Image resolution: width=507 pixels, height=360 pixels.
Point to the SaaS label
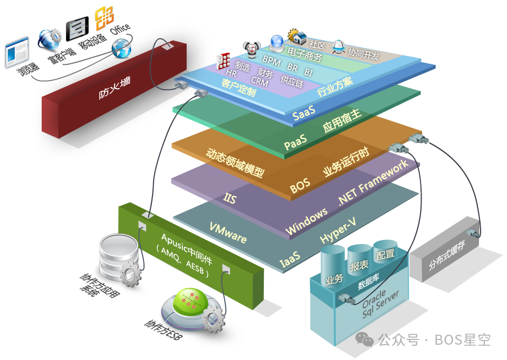tap(304, 113)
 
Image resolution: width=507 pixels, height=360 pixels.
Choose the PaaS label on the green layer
tap(295, 143)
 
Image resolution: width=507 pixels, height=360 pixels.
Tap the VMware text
tap(227, 232)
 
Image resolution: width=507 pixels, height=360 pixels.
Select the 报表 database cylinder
tap(360, 262)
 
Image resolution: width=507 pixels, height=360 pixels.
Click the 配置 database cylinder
tap(385, 252)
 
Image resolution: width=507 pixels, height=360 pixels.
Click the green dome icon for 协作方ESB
tap(187, 303)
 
